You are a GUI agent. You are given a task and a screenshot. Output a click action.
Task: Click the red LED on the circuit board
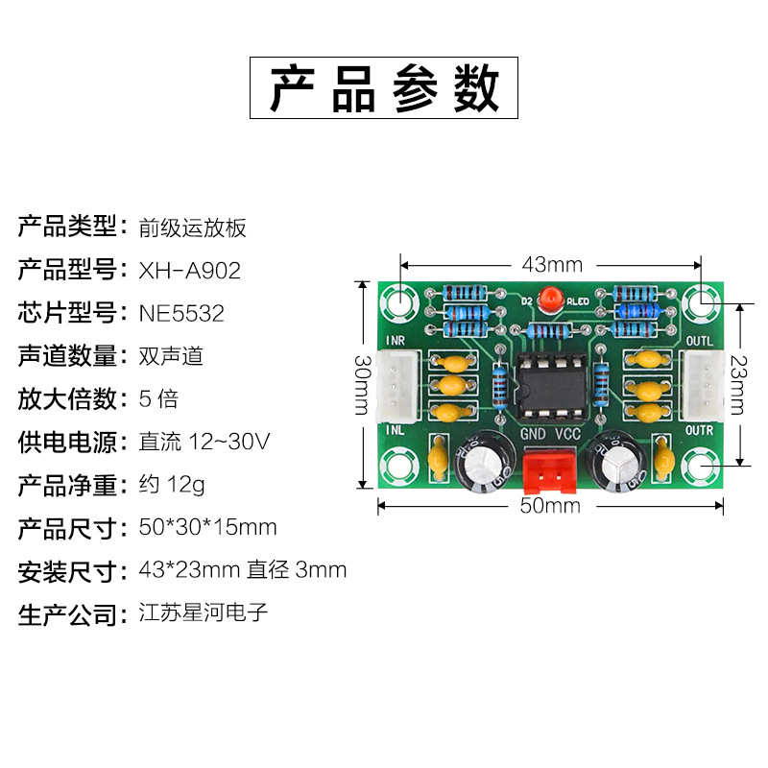coord(550,300)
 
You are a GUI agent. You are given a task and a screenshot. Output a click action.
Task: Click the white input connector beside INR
coord(398,384)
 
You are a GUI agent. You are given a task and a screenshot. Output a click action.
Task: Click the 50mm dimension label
coord(550,506)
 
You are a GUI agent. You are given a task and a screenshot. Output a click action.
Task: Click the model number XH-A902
coord(189,272)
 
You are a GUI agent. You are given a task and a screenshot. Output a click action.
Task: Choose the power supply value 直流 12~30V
coord(204,443)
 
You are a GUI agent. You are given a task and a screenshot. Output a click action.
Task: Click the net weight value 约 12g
coord(172,485)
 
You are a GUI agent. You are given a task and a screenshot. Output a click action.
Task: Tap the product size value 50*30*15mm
coord(207,527)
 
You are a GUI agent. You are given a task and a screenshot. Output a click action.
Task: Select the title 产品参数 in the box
coord(384,88)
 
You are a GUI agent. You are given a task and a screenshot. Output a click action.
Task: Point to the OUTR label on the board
coord(700,431)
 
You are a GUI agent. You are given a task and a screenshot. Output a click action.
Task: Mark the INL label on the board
coord(394,431)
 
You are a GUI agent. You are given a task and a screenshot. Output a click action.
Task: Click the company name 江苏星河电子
coord(204,612)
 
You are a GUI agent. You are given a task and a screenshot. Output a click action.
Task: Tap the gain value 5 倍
coord(158,399)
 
